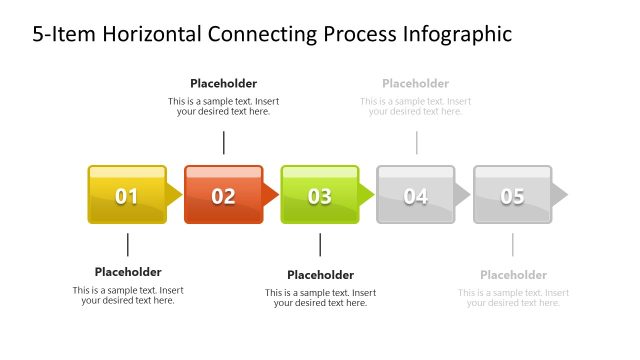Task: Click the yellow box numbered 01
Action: (127, 195)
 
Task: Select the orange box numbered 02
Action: (223, 195)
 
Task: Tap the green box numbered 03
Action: (319, 195)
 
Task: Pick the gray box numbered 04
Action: (415, 195)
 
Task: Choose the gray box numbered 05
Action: (512, 195)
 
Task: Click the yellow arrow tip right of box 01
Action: (175, 194)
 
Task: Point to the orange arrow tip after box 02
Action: (271, 194)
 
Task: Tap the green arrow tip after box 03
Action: (367, 194)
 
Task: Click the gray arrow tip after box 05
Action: (560, 194)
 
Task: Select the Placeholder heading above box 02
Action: (223, 84)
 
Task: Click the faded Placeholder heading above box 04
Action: (415, 84)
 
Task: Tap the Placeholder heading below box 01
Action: (128, 272)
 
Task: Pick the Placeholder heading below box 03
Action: (320, 275)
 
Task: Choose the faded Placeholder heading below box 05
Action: (513, 275)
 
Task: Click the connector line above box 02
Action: (223, 142)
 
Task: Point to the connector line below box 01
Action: (128, 245)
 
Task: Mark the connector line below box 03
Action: (320, 245)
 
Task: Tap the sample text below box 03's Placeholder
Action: (320, 298)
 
